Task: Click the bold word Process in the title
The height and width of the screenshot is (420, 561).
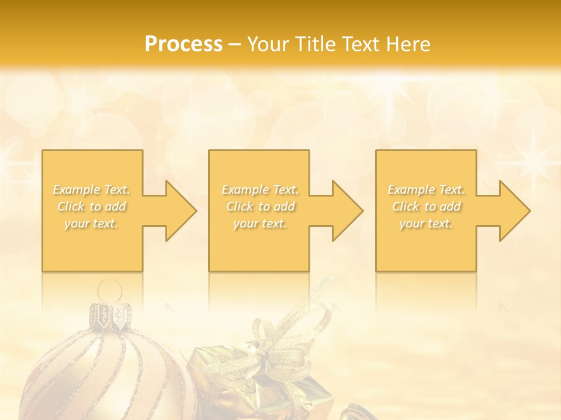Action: [x=183, y=44]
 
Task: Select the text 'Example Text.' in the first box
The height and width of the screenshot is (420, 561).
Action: [x=91, y=190]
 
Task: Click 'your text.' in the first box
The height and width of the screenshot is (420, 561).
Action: [x=91, y=223]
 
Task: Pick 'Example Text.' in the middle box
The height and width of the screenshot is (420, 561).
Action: [x=260, y=190]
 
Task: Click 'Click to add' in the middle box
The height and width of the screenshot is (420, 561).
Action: [x=260, y=206]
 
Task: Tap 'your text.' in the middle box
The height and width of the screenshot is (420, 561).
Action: [x=260, y=223]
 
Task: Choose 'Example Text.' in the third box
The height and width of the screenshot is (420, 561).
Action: [x=426, y=190]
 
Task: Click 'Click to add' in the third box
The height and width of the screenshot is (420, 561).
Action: [x=426, y=206]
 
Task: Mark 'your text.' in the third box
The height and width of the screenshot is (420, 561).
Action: [x=426, y=223]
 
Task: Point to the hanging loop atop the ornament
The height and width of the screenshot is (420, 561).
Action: [x=110, y=290]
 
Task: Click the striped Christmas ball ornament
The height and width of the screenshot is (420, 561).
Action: [x=105, y=373]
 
